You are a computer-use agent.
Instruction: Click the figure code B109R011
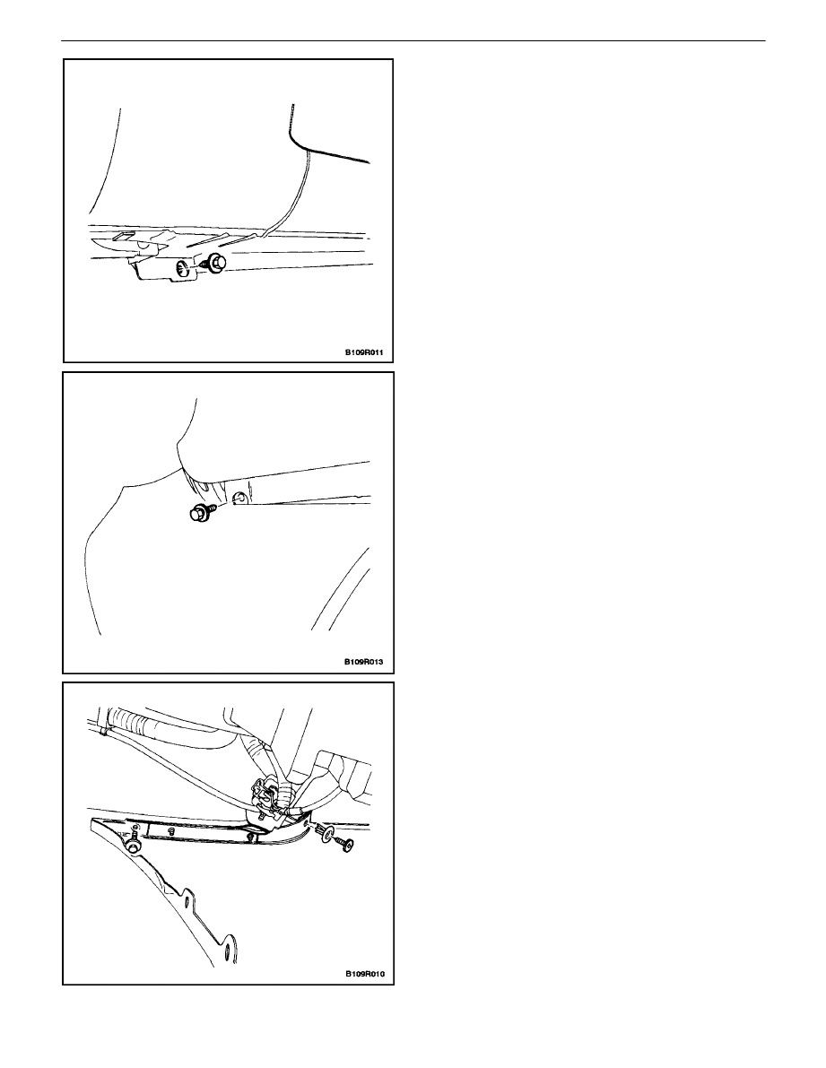(363, 353)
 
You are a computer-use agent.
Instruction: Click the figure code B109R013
(363, 662)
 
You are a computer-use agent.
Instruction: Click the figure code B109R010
(363, 973)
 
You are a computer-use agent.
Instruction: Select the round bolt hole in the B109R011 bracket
(182, 267)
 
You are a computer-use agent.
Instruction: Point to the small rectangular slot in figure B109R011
(121, 237)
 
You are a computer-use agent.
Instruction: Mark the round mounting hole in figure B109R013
(237, 499)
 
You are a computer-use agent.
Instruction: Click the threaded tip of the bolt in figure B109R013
(213, 506)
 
